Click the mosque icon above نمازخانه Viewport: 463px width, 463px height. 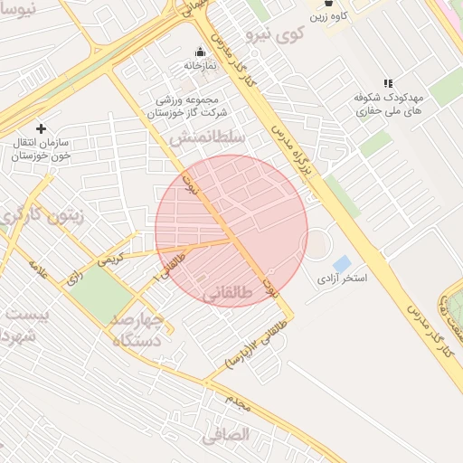tap(200, 52)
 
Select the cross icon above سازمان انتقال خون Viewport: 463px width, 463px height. tap(41, 128)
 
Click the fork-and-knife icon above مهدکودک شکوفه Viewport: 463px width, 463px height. tap(388, 84)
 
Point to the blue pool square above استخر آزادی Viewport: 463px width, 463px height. tap(341, 263)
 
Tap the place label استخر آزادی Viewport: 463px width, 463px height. tap(342, 279)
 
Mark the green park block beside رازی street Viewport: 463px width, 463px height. tap(100, 294)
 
